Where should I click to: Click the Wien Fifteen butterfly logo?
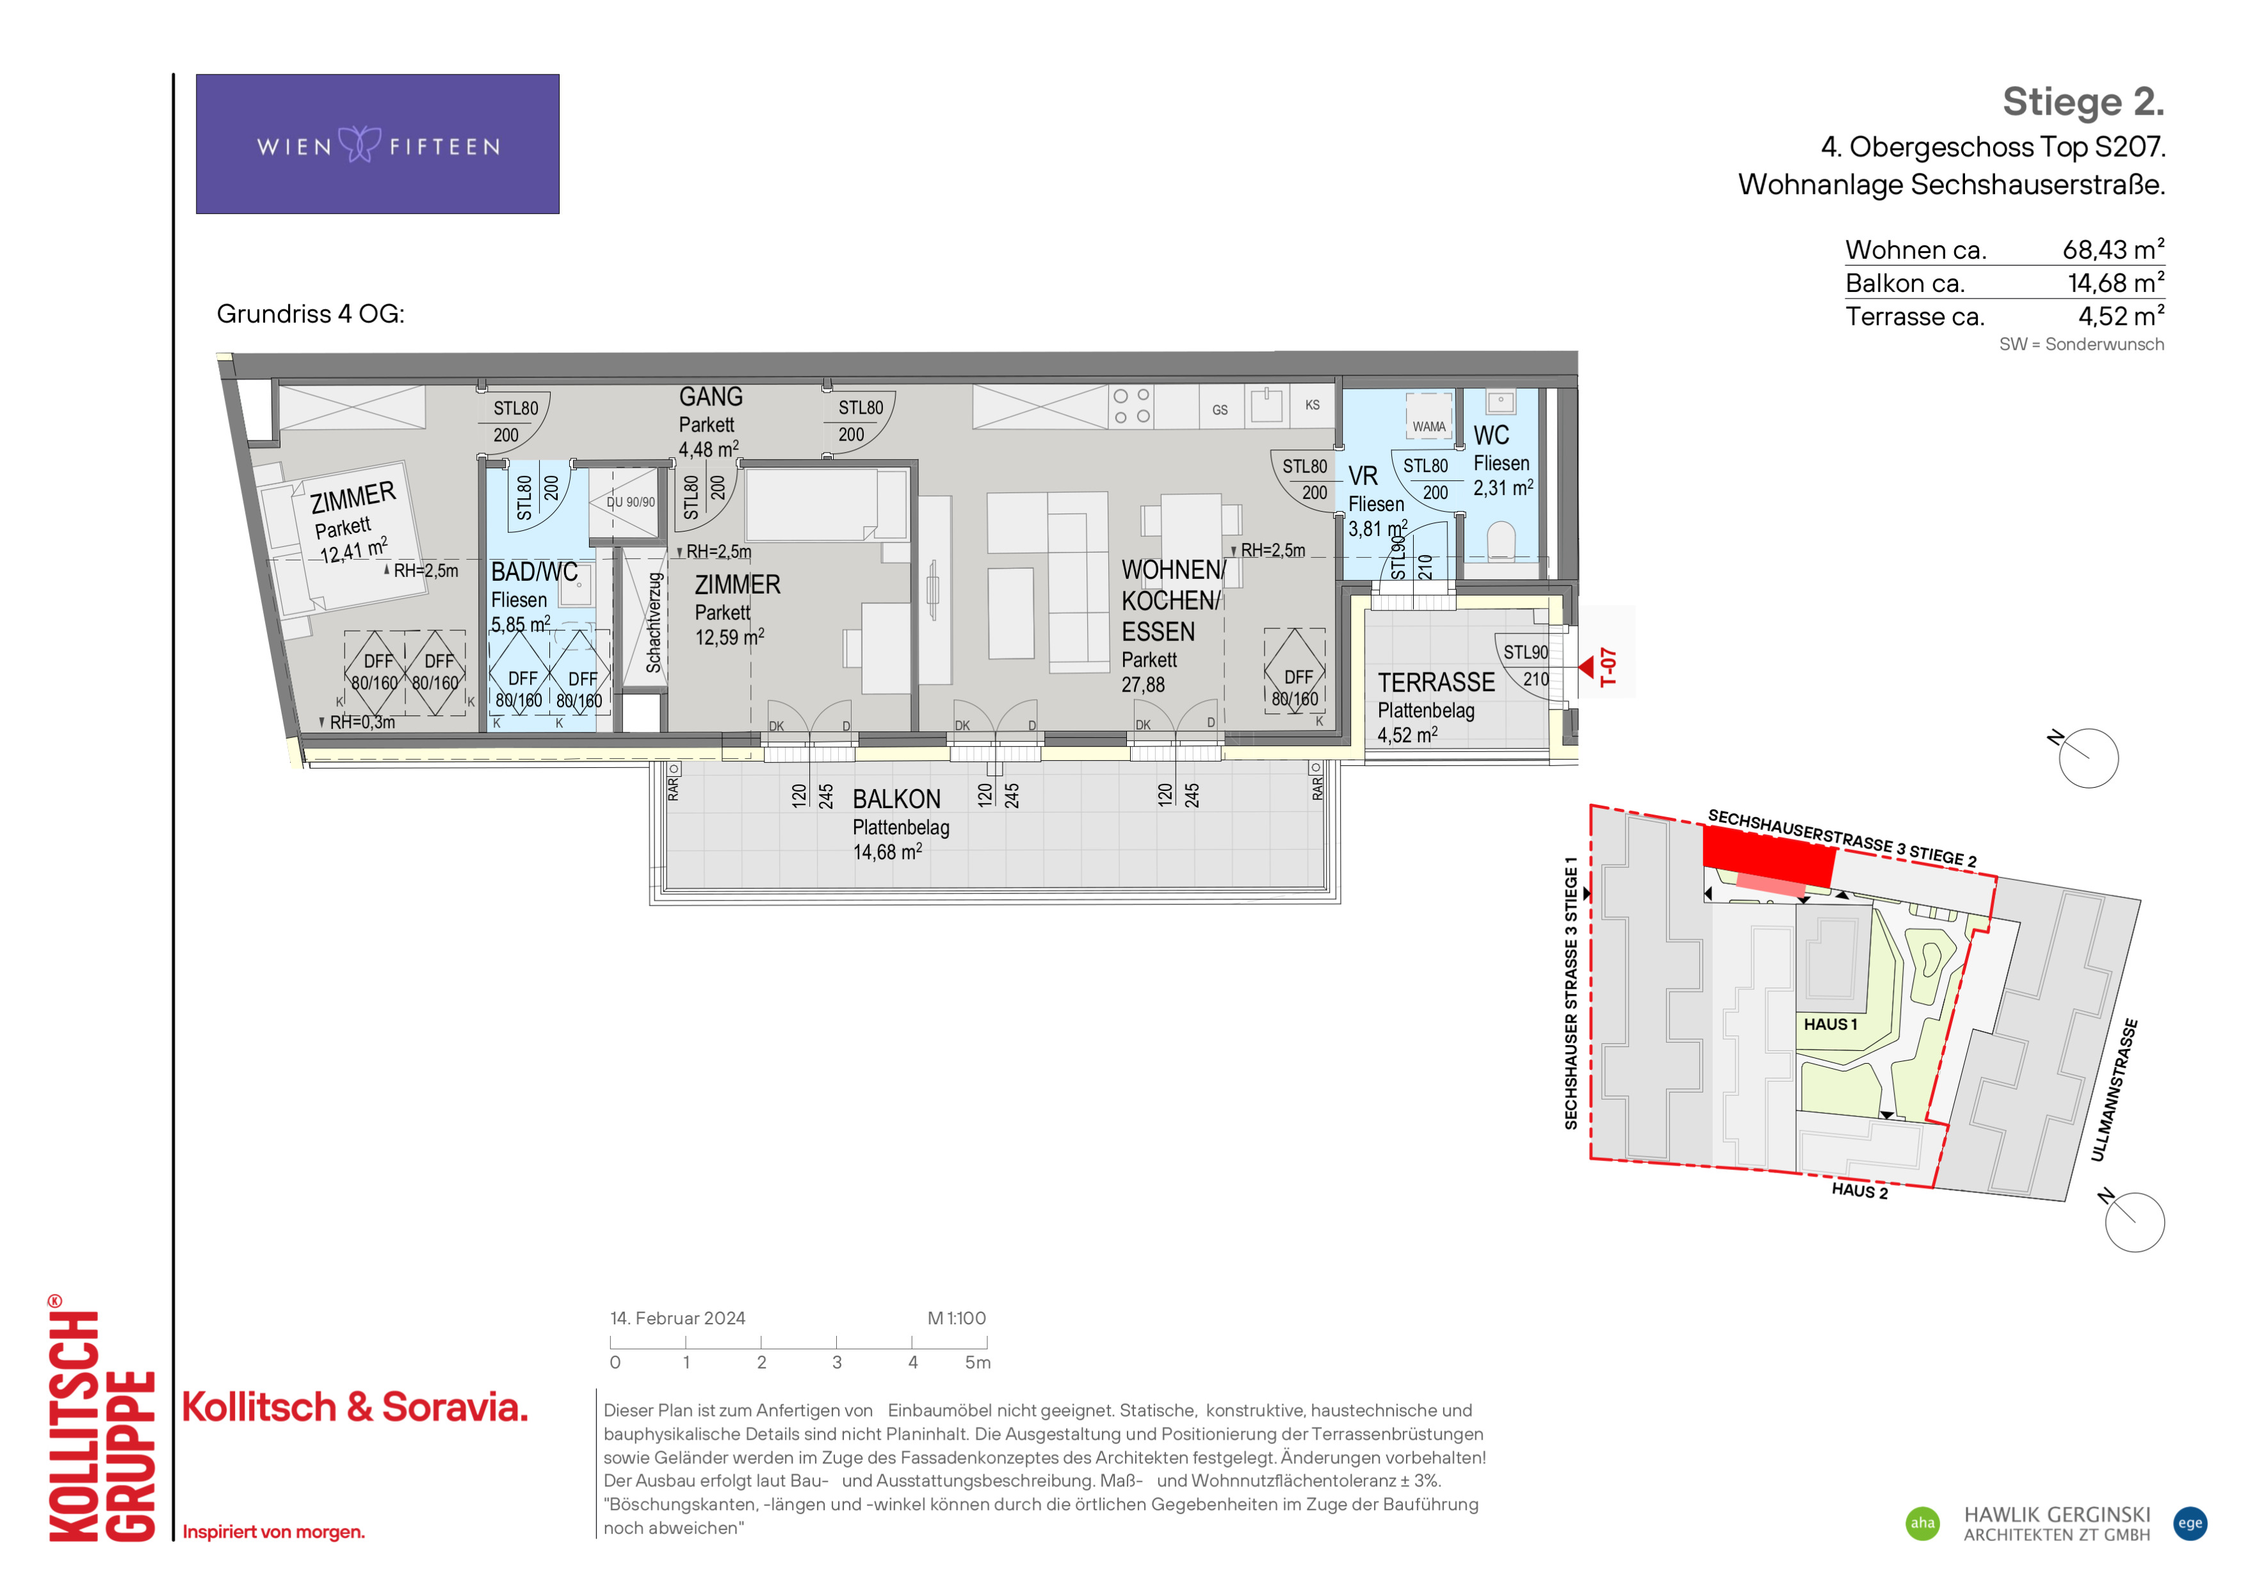point(360,145)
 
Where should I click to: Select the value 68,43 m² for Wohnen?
point(2113,249)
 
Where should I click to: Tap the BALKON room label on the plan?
point(896,799)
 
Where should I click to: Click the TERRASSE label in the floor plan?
point(1436,682)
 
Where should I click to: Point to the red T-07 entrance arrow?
point(1586,667)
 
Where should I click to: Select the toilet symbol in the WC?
point(1500,542)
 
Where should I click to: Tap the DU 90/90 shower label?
point(631,501)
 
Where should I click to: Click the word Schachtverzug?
point(654,622)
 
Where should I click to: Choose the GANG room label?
point(711,397)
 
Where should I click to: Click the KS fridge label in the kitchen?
point(1312,405)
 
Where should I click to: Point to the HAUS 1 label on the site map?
point(1830,1025)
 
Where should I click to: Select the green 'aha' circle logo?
point(1923,1524)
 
